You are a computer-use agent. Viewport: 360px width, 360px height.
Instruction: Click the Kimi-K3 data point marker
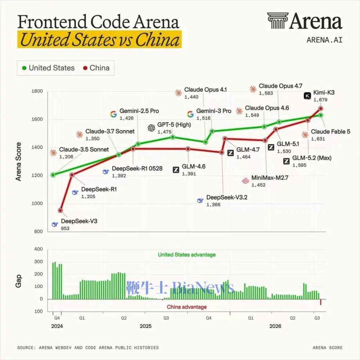pos(320,108)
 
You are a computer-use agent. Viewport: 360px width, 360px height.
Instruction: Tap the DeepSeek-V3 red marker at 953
pos(60,210)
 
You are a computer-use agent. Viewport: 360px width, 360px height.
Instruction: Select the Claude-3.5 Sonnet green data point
pos(53,175)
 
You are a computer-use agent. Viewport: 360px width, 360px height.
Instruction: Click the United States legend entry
pos(48,68)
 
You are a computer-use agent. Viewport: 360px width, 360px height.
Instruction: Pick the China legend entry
pos(96,68)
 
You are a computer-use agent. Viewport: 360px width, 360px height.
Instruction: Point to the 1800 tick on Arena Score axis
pos(37,91)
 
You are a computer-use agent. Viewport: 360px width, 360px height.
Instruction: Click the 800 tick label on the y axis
pos(39,231)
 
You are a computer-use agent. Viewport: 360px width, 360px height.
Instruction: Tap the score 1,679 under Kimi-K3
pos(320,100)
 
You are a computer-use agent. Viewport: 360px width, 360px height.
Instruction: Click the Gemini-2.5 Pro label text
pos(139,111)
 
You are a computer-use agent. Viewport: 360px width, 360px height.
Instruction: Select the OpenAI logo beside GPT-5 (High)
pos(152,128)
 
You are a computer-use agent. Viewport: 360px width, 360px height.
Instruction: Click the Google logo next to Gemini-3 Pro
pos(190,114)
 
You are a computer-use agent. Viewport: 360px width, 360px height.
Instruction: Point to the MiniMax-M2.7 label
pos(270,178)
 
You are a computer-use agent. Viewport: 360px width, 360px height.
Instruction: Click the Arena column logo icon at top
pos(278,21)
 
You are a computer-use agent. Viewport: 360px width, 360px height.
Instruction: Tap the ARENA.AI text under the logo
pos(324,40)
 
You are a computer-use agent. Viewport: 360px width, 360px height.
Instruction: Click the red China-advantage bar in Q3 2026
pos(320,302)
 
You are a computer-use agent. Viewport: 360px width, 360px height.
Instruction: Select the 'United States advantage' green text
pos(186,255)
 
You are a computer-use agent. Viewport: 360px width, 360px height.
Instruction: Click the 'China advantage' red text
pos(186,307)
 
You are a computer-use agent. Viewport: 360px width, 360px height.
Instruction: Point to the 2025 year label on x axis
pos(145,326)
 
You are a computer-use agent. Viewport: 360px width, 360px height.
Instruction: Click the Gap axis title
pos(18,281)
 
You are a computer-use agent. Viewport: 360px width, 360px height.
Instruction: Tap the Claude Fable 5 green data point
pos(321,115)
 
